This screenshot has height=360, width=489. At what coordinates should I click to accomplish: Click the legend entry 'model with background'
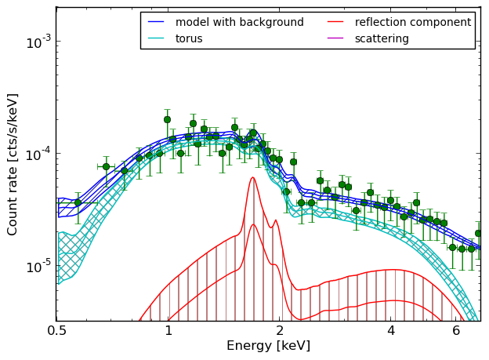pyautogui.click(x=240, y=22)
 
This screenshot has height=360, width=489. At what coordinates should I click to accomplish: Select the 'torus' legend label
pyautogui.click(x=189, y=38)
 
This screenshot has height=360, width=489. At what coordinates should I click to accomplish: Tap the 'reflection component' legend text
pyautogui.click(x=413, y=22)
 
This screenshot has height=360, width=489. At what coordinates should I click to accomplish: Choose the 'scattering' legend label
pyautogui.click(x=382, y=38)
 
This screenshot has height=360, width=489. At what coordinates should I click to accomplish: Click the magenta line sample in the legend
pyautogui.click(x=335, y=38)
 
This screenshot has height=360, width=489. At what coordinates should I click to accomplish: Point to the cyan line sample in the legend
pyautogui.click(x=156, y=38)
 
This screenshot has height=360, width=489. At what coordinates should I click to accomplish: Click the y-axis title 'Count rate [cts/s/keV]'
pyautogui.click(x=13, y=165)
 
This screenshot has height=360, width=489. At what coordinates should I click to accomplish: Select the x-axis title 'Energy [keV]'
pyautogui.click(x=269, y=346)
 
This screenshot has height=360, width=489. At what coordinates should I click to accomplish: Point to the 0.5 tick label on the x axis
pyautogui.click(x=57, y=331)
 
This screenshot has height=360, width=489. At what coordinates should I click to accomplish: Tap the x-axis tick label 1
pyautogui.click(x=168, y=331)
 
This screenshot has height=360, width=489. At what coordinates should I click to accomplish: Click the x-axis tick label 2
pyautogui.click(x=280, y=331)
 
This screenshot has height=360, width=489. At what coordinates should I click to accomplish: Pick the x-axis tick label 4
pyautogui.click(x=391, y=331)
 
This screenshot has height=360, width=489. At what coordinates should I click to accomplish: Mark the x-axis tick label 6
pyautogui.click(x=456, y=331)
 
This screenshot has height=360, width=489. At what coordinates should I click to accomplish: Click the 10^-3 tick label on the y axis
pyautogui.click(x=38, y=42)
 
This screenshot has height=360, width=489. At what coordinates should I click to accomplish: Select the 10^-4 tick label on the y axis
pyautogui.click(x=38, y=155)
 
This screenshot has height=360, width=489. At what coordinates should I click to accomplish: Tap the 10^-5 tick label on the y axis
pyautogui.click(x=38, y=267)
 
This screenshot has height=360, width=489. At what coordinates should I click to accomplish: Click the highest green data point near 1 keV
pyautogui.click(x=167, y=119)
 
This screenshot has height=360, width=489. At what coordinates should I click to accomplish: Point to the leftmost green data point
pyautogui.click(x=78, y=202)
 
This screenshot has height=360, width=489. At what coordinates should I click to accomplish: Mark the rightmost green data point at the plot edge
pyautogui.click(x=478, y=233)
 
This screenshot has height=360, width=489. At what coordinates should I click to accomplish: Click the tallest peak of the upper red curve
pyautogui.click(x=253, y=177)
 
